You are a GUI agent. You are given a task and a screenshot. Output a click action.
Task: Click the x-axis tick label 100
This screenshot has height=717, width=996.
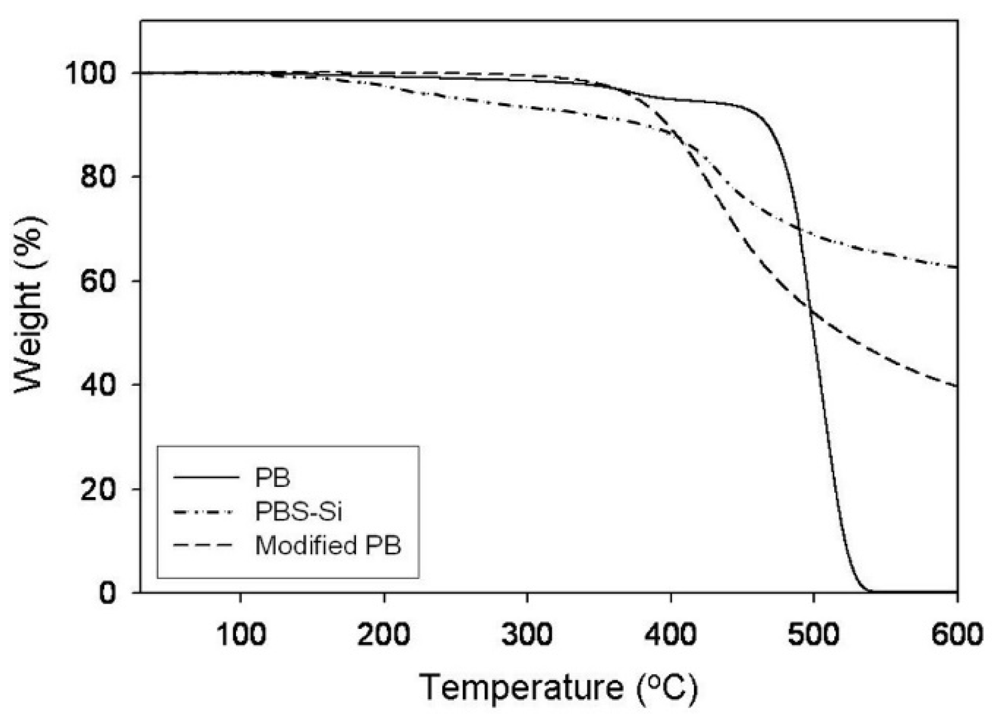click(x=240, y=633)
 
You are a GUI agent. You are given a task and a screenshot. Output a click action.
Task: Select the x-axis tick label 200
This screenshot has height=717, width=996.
click(x=384, y=633)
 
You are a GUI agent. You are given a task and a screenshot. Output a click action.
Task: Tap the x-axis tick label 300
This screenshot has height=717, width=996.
click(x=527, y=633)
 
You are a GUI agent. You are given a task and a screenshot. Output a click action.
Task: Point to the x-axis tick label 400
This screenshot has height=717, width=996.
click(x=671, y=633)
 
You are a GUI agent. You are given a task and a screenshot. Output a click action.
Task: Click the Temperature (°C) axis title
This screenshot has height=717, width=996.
click(x=559, y=687)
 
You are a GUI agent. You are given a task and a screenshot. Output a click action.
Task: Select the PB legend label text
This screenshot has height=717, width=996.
click(x=273, y=478)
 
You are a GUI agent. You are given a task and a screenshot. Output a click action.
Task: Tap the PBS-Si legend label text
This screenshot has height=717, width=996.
click(x=298, y=512)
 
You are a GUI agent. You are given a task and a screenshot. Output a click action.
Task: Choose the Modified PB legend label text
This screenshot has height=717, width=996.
click(x=328, y=545)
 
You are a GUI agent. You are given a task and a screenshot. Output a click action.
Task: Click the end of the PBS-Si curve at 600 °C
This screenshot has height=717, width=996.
click(x=956, y=267)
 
